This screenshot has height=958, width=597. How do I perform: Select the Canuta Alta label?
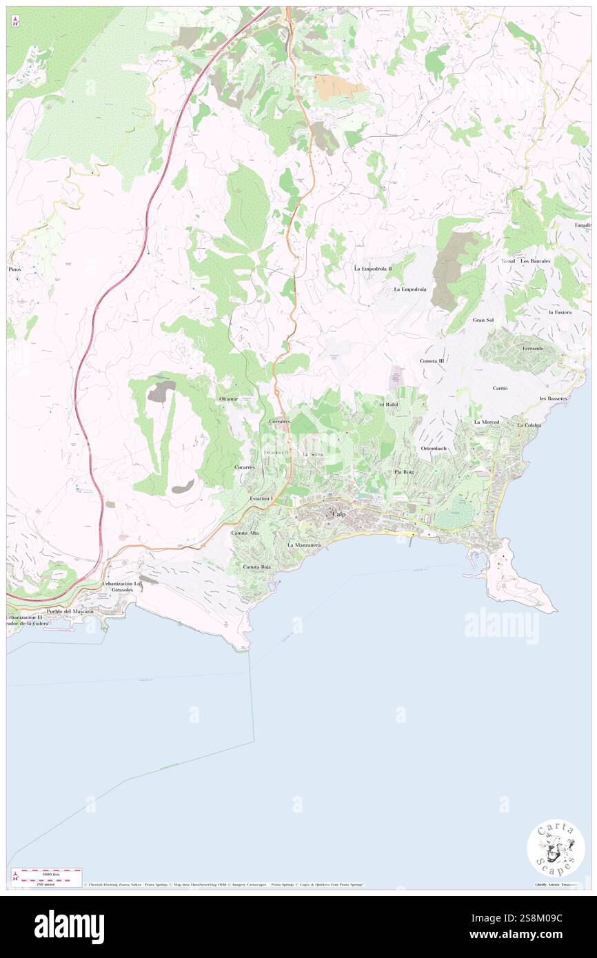coord(245,533)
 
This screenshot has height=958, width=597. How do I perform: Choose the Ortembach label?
coord(434,449)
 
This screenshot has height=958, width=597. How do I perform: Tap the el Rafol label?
coord(389,404)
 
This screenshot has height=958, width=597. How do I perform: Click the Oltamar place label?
coord(228,399)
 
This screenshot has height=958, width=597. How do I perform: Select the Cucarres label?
coord(245,467)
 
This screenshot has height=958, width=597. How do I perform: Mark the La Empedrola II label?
coord(373,268)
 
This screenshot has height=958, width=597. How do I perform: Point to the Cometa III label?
coord(432,360)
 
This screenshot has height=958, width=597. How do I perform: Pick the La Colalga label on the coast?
coord(529,425)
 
